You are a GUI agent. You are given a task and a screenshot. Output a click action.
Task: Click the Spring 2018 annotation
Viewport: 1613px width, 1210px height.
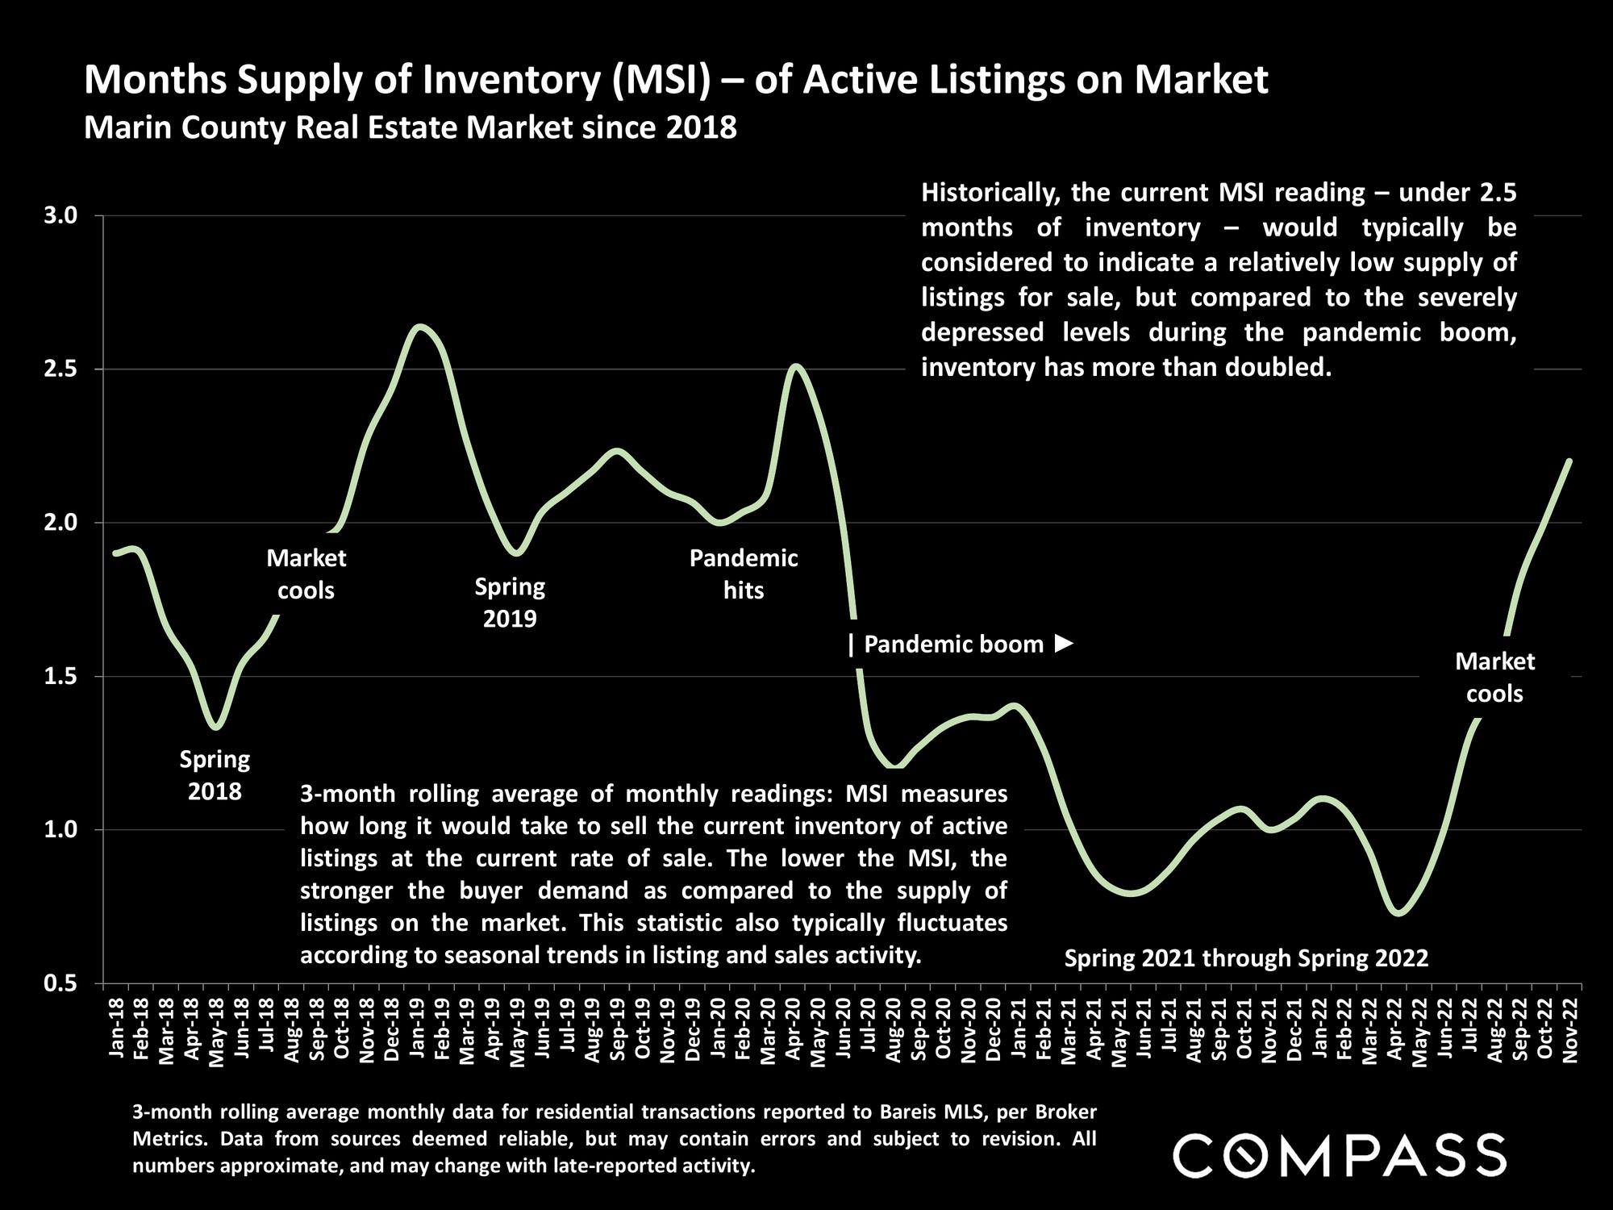coord(215,774)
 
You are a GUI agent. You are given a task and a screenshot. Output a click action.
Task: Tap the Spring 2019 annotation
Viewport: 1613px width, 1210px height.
coord(510,602)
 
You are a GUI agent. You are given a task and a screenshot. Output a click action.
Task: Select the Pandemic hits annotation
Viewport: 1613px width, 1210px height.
coord(744,574)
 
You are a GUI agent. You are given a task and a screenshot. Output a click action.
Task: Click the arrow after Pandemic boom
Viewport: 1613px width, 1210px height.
coord(1065,644)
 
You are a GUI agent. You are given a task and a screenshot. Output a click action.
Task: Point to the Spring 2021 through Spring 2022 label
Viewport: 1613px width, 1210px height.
coord(1246,958)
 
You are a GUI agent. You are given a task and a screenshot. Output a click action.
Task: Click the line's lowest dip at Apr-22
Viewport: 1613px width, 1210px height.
coord(1399,914)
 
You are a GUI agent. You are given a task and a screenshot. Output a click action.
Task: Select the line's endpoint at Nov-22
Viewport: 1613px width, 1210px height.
coord(1569,461)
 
